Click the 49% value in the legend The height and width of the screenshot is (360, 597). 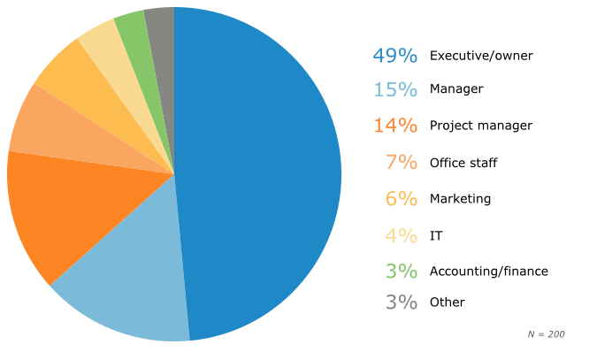[x=394, y=55]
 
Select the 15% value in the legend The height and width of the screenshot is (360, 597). [x=394, y=89]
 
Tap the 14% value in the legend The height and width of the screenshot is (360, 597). [x=394, y=126]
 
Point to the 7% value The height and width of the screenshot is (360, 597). [x=401, y=162]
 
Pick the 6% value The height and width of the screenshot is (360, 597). [x=401, y=198]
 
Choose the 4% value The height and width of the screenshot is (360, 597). [x=401, y=235]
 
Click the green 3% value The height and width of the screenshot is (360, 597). [x=401, y=271]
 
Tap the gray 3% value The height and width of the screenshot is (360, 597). [x=401, y=302]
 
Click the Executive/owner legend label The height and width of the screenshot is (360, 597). [x=481, y=56]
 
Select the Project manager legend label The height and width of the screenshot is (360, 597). [x=480, y=126]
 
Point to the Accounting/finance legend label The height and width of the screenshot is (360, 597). [x=488, y=271]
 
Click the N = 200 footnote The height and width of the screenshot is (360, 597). [x=546, y=334]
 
